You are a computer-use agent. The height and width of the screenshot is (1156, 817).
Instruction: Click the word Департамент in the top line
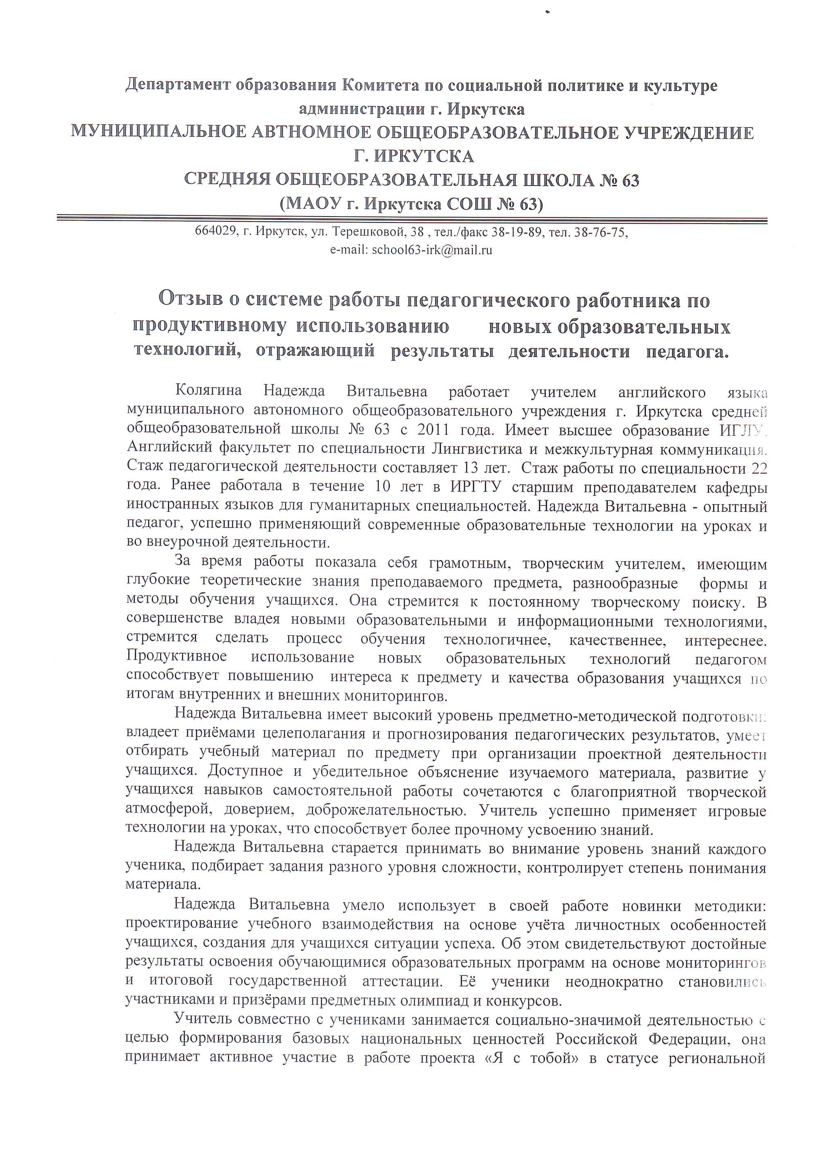[x=178, y=85]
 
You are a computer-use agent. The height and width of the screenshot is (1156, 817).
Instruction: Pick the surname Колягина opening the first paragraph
[x=208, y=391]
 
